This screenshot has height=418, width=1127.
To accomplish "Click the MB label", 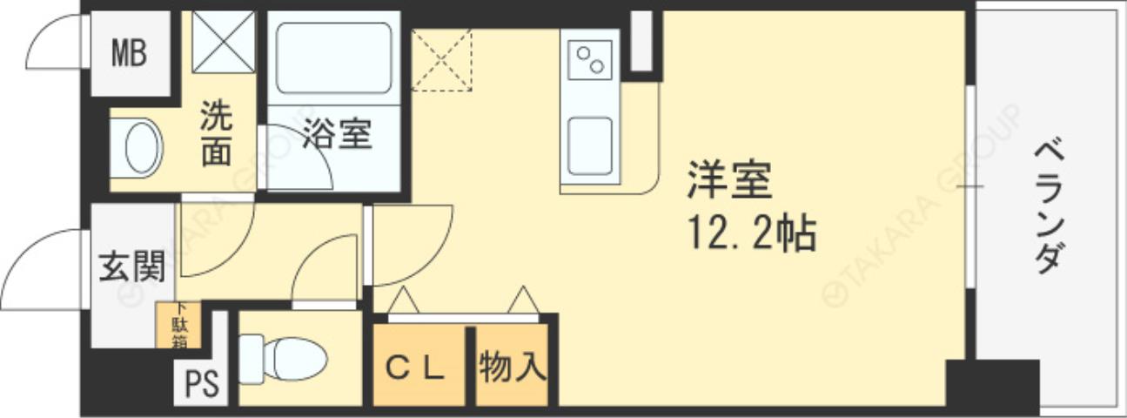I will [x=129, y=53].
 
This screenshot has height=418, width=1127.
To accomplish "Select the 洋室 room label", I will [x=729, y=183].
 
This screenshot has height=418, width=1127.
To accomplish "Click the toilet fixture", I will [x=283, y=358].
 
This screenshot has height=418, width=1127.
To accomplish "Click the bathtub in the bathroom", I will [x=333, y=58].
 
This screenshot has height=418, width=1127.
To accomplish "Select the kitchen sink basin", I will [x=590, y=145].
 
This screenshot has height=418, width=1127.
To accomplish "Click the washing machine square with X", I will [x=223, y=41].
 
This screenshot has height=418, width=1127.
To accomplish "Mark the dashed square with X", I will [x=441, y=60].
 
